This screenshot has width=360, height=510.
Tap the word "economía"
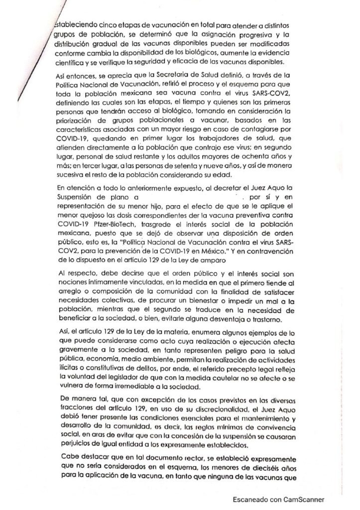pos(107,357)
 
